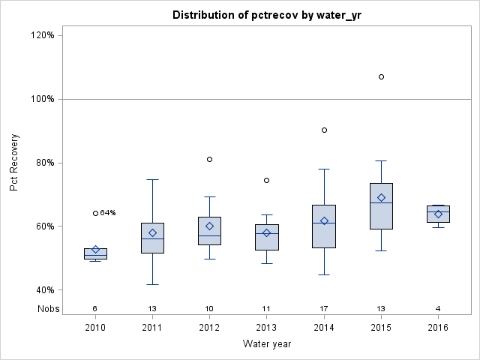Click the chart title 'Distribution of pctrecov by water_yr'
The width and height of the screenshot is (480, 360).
coord(266,15)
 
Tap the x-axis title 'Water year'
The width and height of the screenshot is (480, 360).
coord(266,343)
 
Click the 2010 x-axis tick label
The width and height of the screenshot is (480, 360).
coord(95,327)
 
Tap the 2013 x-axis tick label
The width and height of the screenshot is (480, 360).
coord(266,327)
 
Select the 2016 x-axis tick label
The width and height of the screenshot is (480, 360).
coord(438,327)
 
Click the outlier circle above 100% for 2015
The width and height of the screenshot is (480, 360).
coord(381,76)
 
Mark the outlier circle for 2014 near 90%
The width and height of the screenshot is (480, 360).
coord(324,130)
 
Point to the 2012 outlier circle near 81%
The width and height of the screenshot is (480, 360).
coord(209,159)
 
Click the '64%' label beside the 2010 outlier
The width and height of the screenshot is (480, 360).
coord(108,213)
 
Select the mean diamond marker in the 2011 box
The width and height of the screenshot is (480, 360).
coord(152,232)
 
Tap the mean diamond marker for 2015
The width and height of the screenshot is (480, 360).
coord(381,198)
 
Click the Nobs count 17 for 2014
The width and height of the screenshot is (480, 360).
coord(324,308)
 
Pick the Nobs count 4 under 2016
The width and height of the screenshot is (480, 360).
coord(438,308)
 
